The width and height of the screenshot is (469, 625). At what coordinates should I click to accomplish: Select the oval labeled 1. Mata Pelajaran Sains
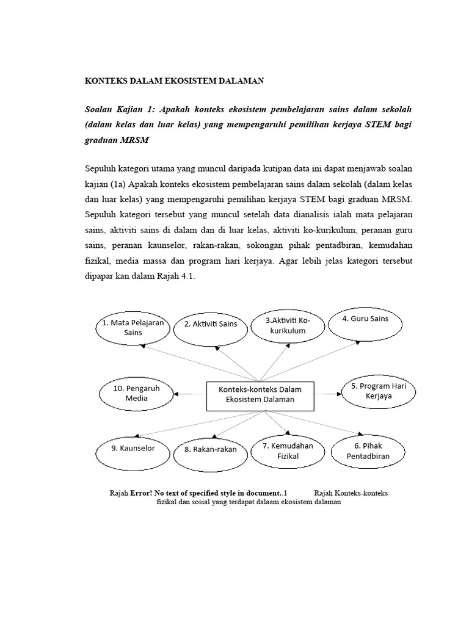coord(133,328)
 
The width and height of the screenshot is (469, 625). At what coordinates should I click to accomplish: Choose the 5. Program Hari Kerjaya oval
coord(379,391)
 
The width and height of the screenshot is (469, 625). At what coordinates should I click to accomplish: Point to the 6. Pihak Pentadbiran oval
coord(368,451)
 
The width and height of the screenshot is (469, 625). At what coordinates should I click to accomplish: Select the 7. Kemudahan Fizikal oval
coord(288,451)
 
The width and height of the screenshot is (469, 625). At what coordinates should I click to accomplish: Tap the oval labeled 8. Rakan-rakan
coord(210,450)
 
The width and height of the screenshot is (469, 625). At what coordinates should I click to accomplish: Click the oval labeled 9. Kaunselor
coord(133,449)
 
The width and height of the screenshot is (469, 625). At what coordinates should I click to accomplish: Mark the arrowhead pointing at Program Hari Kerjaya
coord(338,394)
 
